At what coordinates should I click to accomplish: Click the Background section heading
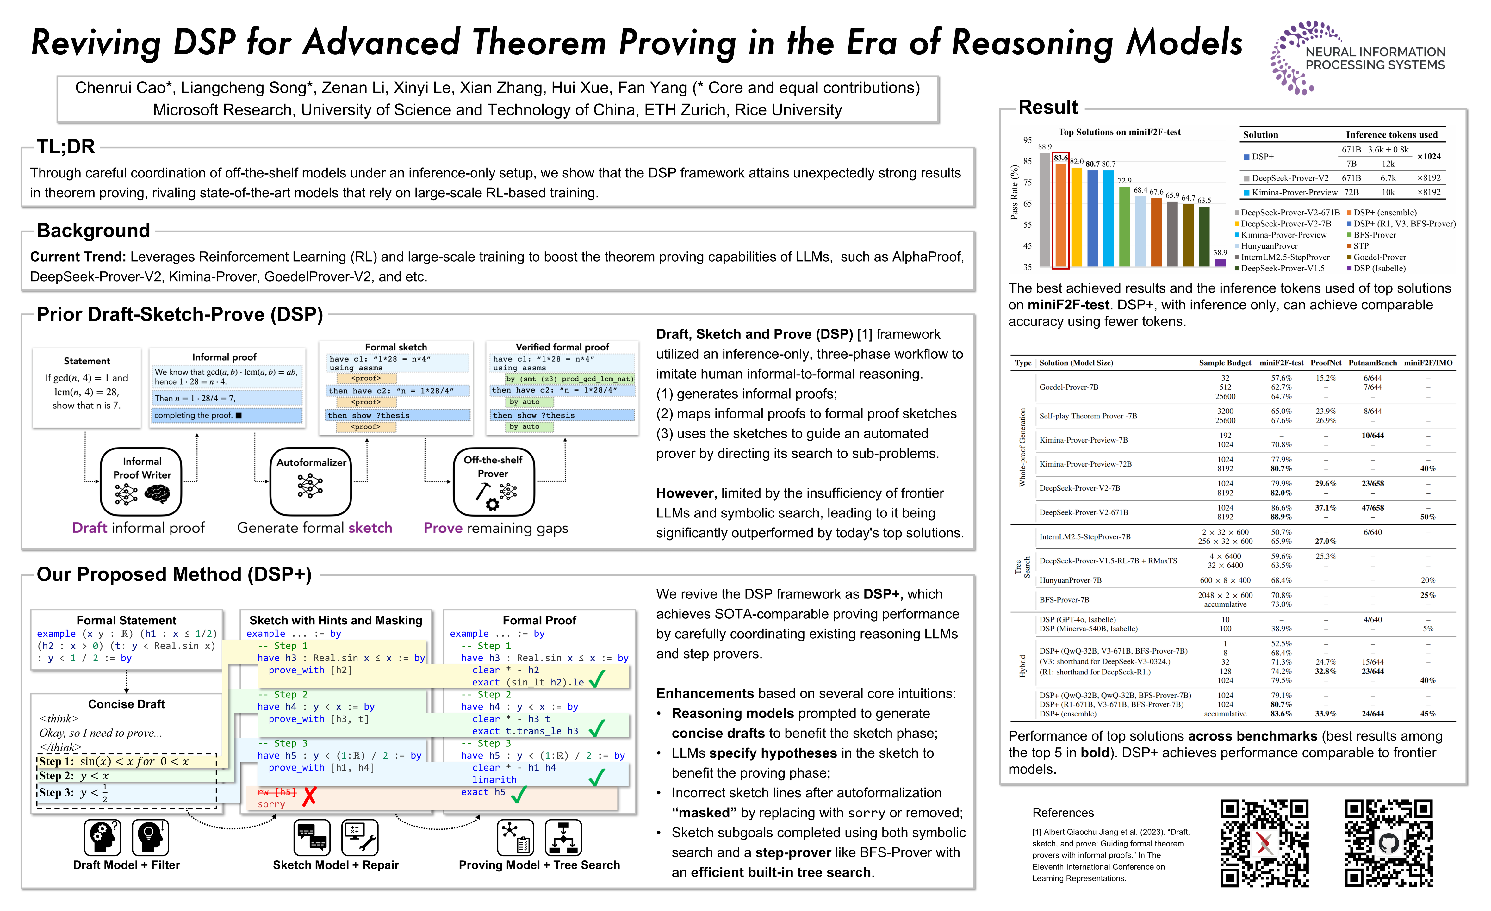93,231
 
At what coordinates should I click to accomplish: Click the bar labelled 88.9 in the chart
1044,209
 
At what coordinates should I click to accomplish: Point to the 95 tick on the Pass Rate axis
1027,140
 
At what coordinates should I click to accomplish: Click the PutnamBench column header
1372,363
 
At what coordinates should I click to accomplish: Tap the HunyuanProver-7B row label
1070,580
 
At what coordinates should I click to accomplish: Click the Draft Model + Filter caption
127,865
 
